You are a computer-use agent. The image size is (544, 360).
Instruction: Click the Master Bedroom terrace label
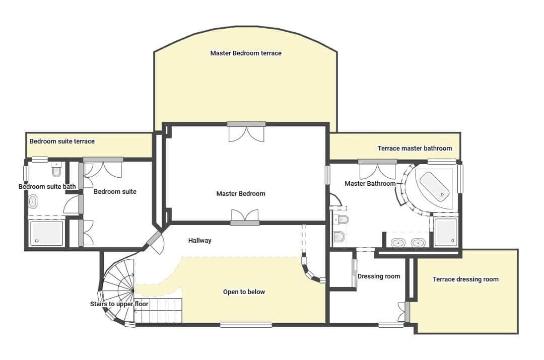tap(246, 53)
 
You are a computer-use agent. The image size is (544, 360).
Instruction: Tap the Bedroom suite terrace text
tap(62, 141)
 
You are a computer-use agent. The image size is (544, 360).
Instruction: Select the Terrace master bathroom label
tap(415, 148)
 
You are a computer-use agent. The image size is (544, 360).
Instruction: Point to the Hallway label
tap(199, 241)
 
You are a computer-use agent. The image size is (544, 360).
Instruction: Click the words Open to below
tap(244, 292)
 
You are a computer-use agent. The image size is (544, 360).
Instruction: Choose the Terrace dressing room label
tap(465, 279)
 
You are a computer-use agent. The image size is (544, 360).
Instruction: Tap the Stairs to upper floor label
tap(119, 304)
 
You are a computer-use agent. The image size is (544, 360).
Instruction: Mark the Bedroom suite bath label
tap(47, 187)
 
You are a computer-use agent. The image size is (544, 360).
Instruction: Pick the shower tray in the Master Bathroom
tap(445, 232)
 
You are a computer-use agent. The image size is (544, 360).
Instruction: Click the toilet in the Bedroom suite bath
tap(56, 171)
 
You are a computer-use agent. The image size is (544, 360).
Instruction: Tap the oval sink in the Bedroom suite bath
tap(33, 202)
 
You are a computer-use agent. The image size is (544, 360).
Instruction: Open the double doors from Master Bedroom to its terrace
tap(246, 132)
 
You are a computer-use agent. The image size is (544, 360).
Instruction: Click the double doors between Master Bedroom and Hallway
tap(245, 217)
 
